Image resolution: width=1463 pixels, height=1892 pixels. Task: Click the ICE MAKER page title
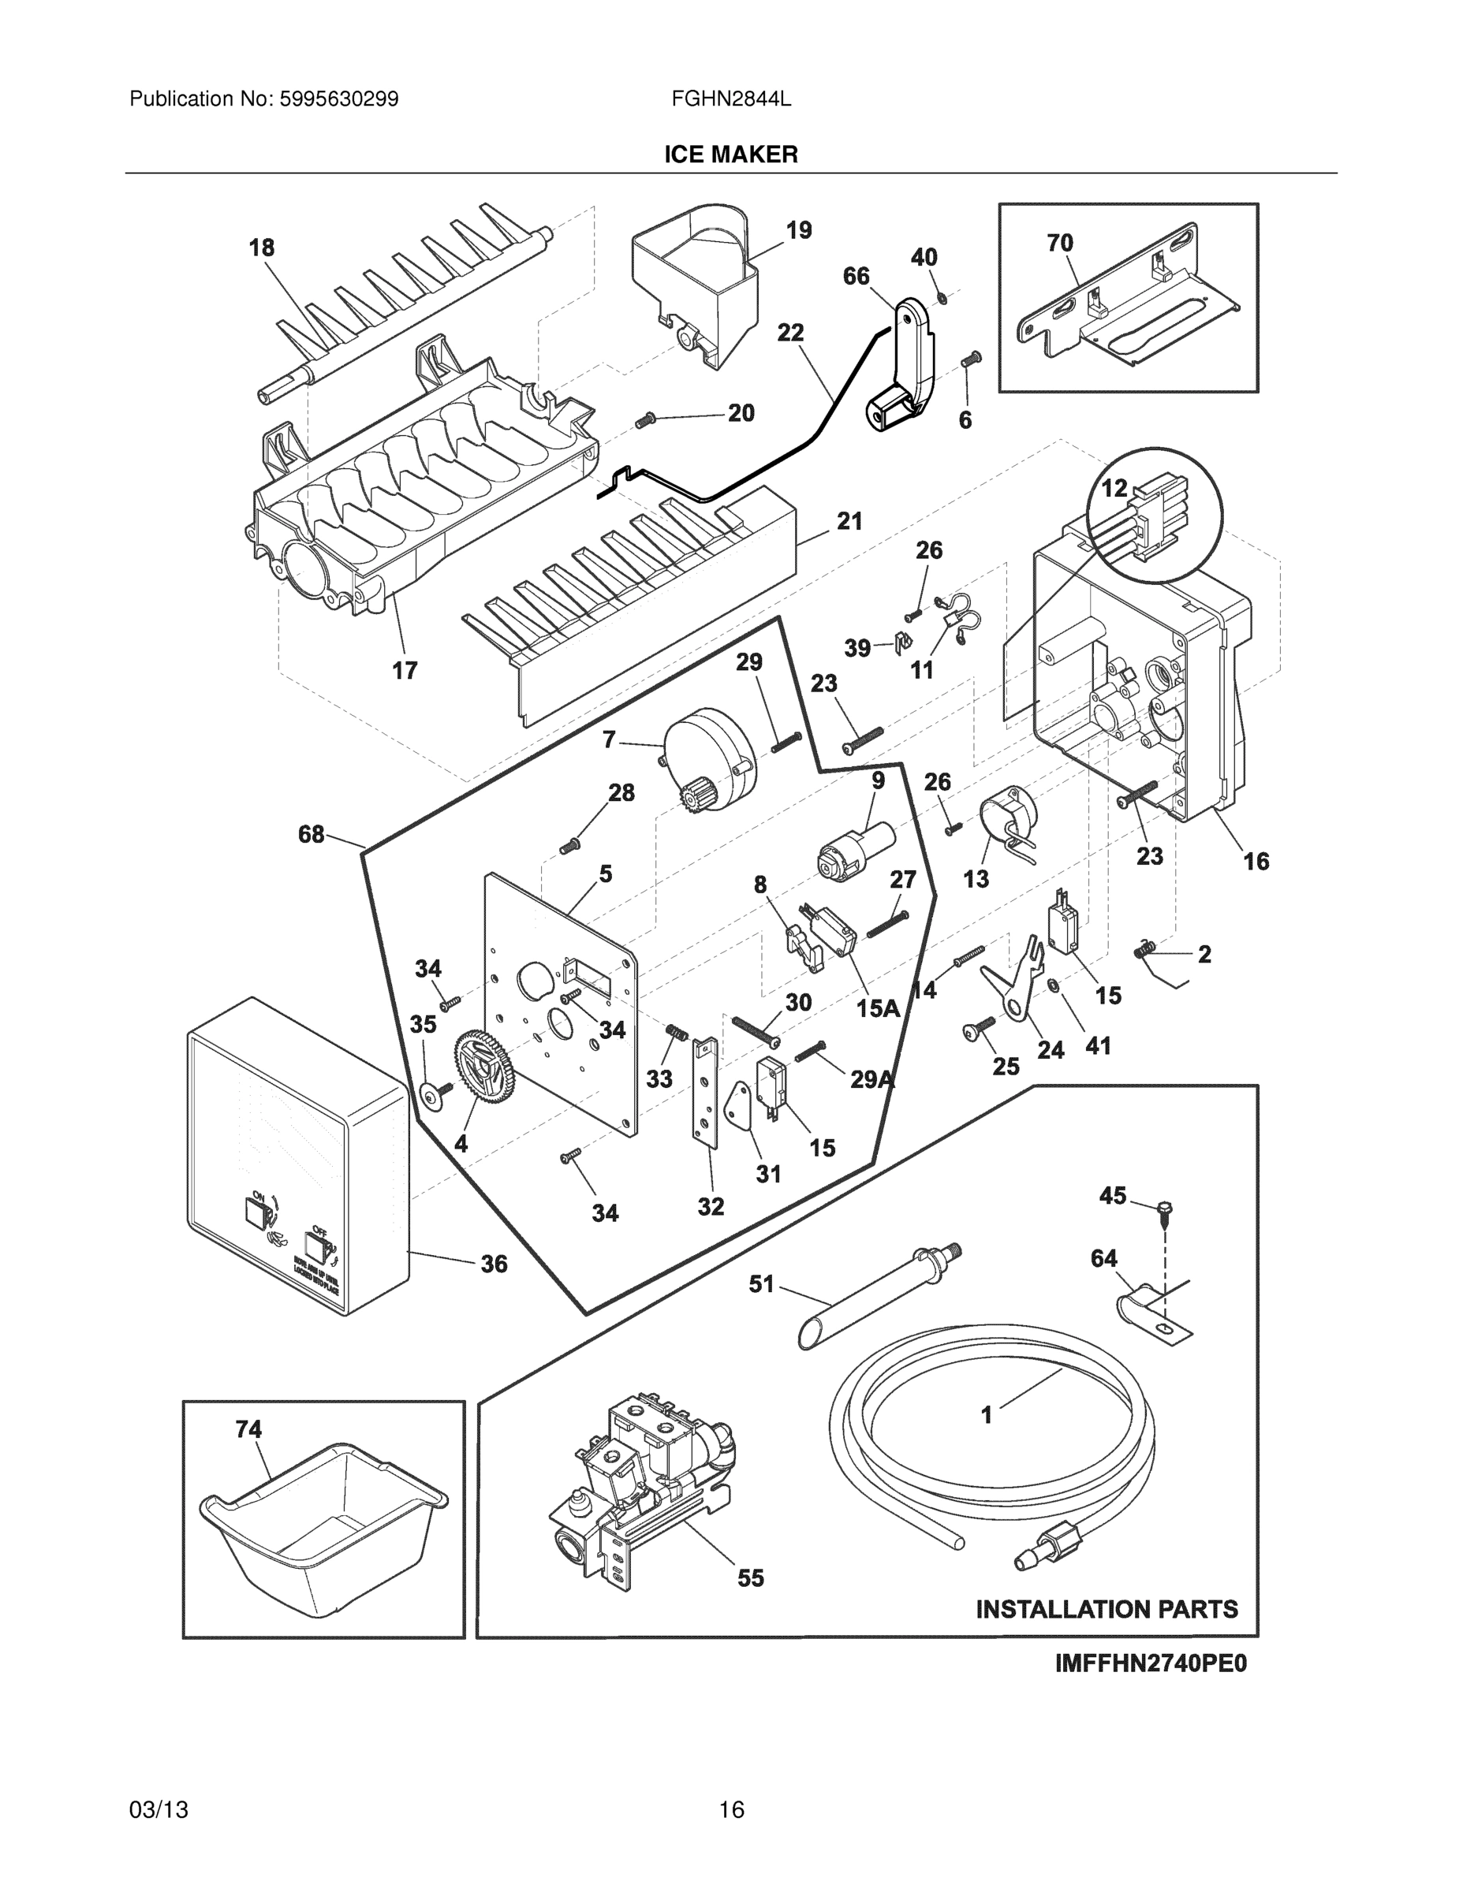730,155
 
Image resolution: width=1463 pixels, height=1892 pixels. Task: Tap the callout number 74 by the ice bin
248,1429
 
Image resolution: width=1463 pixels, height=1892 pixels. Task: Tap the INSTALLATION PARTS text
1107,1610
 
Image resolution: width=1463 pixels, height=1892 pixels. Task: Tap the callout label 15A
878,1008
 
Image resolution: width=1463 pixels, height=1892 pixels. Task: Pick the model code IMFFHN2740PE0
1151,1664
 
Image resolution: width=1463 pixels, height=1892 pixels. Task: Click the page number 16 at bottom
732,1809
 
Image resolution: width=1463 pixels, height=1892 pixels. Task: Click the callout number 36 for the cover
494,1264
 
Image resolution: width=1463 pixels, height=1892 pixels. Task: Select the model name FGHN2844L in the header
730,99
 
